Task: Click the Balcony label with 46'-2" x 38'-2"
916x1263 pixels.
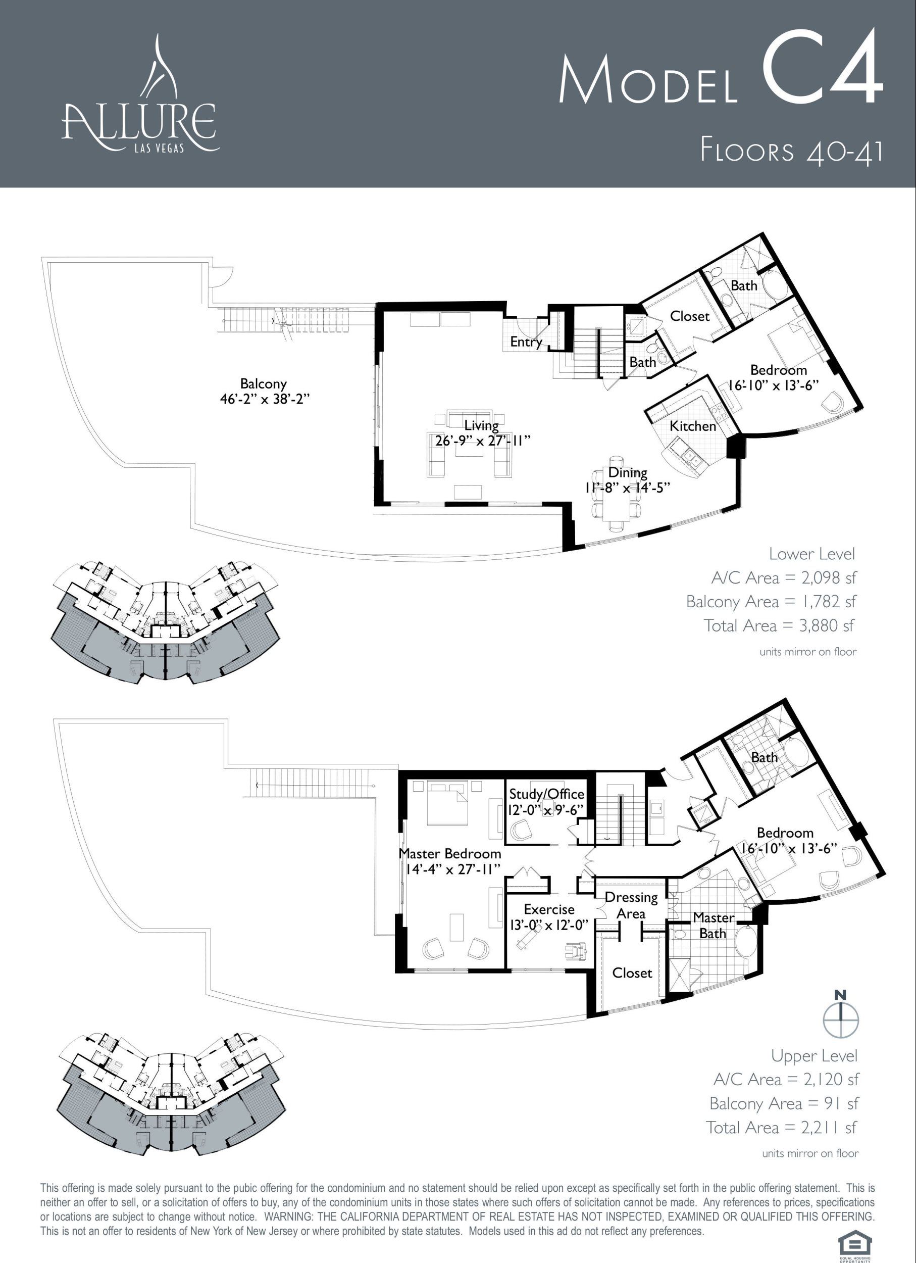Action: pos(263,391)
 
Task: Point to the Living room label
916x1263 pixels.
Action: pos(481,433)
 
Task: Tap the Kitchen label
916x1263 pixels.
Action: pos(693,426)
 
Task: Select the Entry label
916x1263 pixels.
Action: pos(526,342)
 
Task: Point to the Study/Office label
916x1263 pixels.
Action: pos(546,801)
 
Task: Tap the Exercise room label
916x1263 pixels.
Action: pos(549,916)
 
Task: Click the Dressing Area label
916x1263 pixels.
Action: pos(631,905)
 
